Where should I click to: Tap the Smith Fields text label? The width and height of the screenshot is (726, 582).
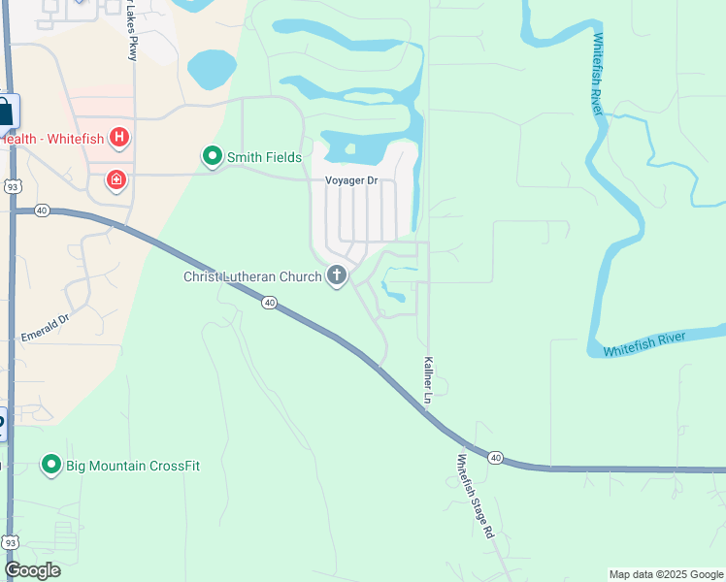tap(264, 157)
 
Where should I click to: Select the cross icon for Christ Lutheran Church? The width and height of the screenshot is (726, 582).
tap(337, 276)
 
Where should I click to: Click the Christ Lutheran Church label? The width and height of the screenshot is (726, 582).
tap(252, 277)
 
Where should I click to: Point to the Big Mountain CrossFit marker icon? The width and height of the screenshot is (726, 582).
tap(51, 466)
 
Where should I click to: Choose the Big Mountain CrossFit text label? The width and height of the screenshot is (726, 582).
tap(132, 466)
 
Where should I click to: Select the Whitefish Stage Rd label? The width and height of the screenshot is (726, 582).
tap(477, 497)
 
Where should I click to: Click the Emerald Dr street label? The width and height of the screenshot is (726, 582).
tap(46, 327)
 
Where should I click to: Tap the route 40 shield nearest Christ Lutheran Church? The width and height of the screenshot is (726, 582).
tap(270, 303)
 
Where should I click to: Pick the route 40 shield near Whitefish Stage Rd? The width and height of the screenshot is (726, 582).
tap(495, 457)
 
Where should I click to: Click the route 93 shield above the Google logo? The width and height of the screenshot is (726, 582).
tap(10, 541)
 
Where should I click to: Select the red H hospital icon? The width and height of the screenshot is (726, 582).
tap(119, 138)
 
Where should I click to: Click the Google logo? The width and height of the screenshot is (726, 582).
tap(32, 570)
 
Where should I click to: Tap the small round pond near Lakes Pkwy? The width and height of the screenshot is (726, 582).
tap(212, 70)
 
